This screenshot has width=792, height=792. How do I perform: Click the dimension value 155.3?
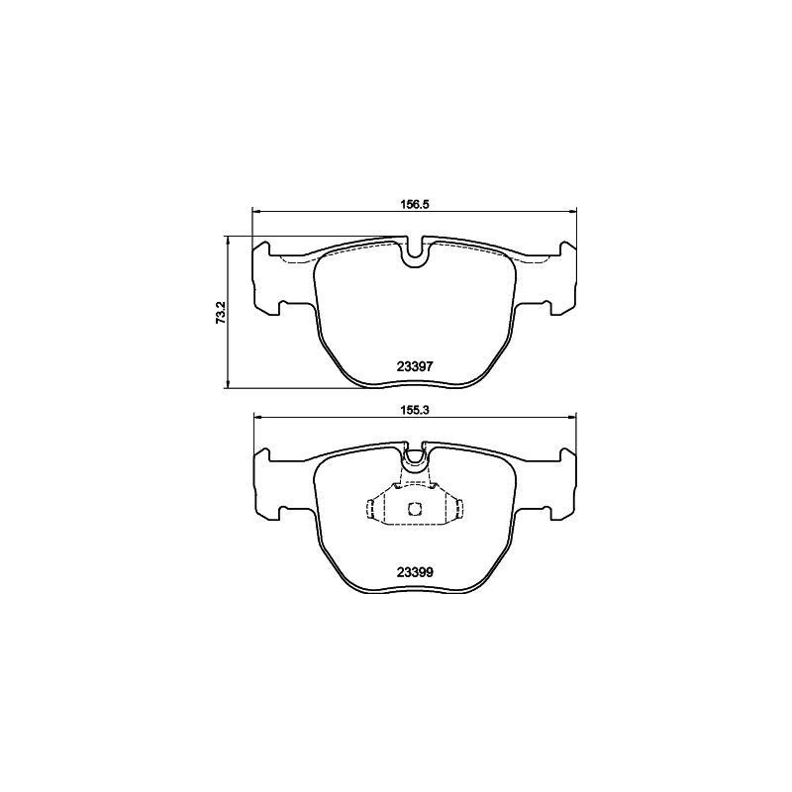pos(415,406)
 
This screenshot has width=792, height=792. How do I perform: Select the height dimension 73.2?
pos(222,313)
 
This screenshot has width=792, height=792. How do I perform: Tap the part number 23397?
pos(415,365)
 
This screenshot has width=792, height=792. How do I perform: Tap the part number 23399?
pos(415,571)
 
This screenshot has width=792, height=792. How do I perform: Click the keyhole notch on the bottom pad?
pos(415,460)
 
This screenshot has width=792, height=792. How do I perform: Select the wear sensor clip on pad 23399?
pos(415,509)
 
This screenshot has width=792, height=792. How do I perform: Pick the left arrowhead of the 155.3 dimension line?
pos(257,416)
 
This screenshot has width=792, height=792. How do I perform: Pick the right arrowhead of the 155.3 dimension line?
pos(571,416)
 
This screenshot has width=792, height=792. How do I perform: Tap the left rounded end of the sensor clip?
pos(371,509)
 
